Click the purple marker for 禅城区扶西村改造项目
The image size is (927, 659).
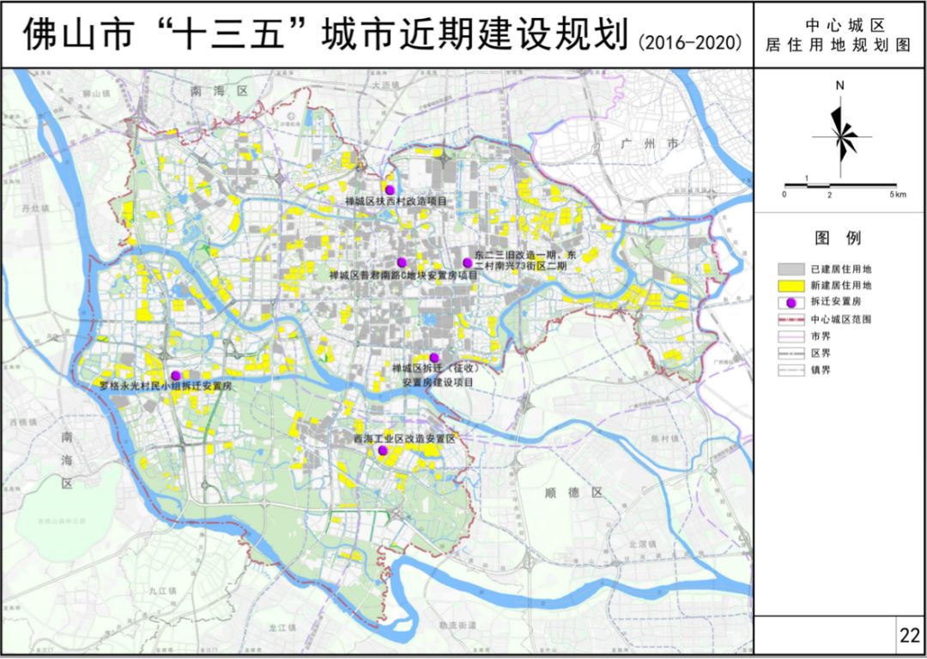coord(390,189)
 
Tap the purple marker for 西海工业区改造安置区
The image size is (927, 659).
coord(383,450)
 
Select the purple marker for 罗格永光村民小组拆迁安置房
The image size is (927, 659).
coord(176,375)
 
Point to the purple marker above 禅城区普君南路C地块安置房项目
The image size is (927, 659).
coord(401,262)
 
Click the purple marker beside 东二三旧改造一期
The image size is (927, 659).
coord(467,263)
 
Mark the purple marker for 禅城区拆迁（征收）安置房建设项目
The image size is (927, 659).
coord(434,358)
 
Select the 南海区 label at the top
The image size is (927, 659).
coord(219,90)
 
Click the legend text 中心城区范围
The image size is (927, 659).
coord(841,318)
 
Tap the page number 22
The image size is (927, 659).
coord(910,636)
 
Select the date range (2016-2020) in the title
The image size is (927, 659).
coord(691,41)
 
